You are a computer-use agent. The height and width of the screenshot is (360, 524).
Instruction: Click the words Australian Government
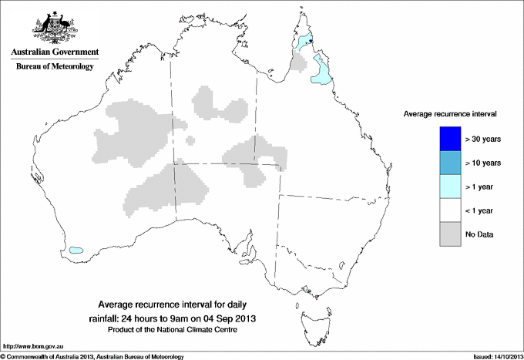coord(54,52)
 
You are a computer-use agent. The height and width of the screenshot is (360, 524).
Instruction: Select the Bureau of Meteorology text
coord(54,66)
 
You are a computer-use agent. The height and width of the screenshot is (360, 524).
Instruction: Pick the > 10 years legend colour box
coord(445,163)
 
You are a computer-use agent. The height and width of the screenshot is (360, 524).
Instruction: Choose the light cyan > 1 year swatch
coord(445,187)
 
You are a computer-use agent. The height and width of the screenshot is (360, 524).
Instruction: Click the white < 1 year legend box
coord(445,210)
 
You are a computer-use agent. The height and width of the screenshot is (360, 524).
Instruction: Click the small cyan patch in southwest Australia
coord(76,250)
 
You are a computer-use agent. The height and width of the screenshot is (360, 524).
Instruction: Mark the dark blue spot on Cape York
coord(310,42)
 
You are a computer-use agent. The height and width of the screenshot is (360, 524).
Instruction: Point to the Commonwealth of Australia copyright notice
coord(92,357)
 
